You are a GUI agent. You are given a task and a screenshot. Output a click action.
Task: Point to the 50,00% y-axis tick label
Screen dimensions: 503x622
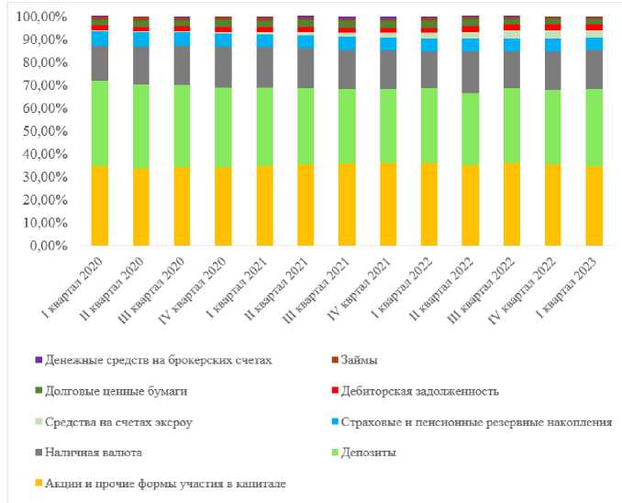coord(35,131)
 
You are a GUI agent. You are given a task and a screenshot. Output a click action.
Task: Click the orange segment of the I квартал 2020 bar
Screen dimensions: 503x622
coord(100,206)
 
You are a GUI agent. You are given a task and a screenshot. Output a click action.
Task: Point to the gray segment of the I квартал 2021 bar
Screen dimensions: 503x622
coord(264,67)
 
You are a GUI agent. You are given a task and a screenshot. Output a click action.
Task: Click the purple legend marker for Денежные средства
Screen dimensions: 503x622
coord(38,362)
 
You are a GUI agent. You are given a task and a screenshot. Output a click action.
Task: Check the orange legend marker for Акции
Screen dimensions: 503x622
coord(38,483)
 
